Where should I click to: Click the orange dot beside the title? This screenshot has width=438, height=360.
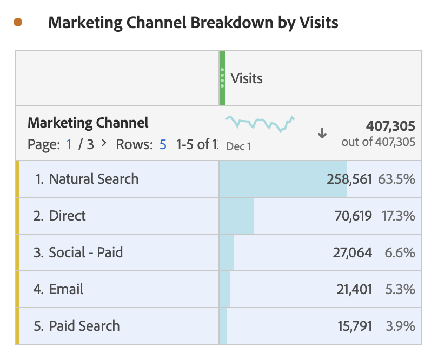tap(18, 22)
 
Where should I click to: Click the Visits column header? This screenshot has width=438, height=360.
tap(247, 78)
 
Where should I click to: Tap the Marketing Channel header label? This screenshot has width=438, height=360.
tap(88, 123)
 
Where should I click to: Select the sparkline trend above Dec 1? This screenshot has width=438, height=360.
tap(260, 124)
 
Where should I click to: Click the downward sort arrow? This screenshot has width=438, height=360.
tap(322, 133)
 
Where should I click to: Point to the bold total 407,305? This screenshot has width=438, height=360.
tap(390, 126)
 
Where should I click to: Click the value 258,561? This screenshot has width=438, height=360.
tap(349, 179)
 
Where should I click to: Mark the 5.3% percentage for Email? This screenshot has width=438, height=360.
tap(400, 289)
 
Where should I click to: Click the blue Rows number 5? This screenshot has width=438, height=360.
tap(163, 144)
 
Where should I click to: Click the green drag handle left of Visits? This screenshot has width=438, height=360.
tap(222, 78)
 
